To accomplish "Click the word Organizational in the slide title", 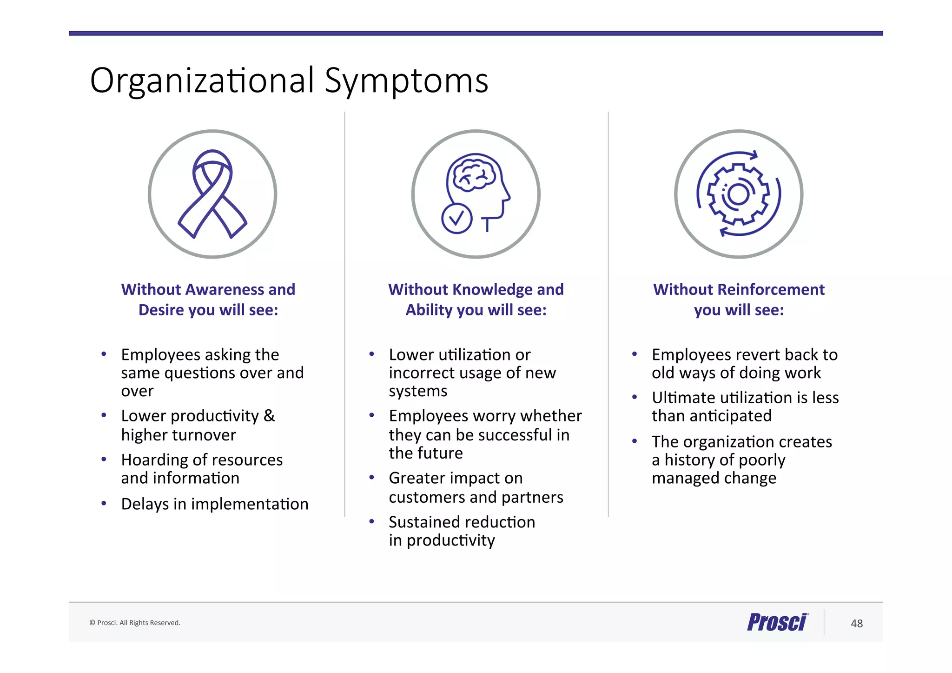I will (202, 80).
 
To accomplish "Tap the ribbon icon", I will (212, 194).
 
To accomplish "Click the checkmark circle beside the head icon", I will (456, 218).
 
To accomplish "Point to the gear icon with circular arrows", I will (739, 194).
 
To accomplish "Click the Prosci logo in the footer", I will (777, 622).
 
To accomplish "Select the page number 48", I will (857, 623).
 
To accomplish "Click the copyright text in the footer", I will (135, 623).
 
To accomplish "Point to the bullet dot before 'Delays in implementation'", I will (104, 503).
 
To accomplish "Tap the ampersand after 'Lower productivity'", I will (269, 415).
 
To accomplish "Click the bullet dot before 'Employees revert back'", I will (635, 354).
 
